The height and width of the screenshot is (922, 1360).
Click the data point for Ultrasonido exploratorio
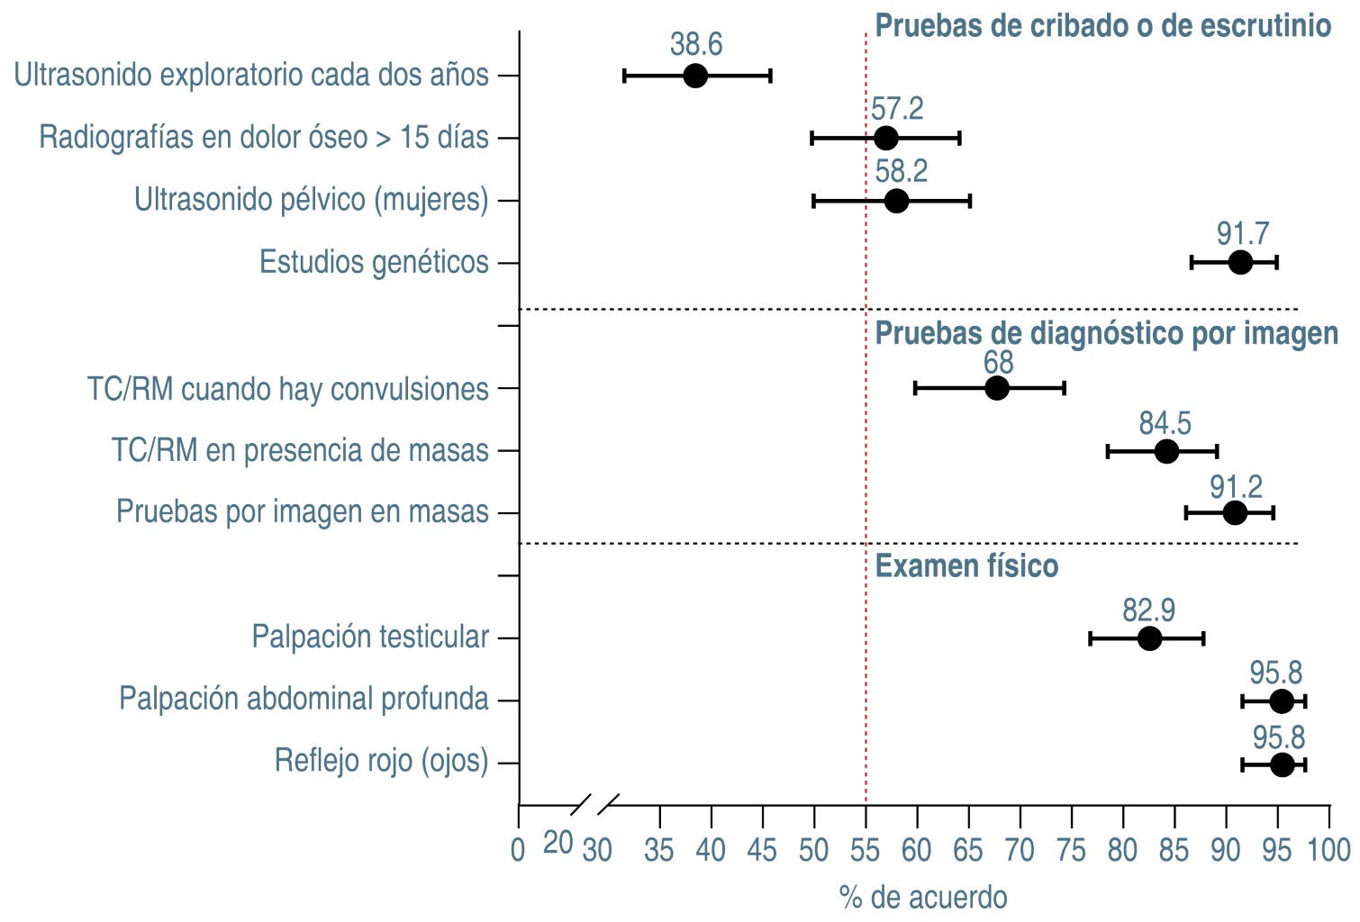click(694, 76)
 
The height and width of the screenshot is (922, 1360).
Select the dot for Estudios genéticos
click(1240, 263)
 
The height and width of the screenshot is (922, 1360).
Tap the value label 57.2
click(897, 109)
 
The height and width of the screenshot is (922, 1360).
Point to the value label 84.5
click(1165, 422)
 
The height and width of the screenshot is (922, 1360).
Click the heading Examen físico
click(966, 566)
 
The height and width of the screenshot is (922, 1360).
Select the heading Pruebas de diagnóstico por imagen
click(1106, 333)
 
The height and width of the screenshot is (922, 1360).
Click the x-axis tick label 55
click(866, 850)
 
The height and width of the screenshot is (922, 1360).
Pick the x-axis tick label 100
click(1329, 850)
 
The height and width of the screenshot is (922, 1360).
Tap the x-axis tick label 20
click(558, 843)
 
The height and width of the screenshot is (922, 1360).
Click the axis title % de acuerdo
click(923, 898)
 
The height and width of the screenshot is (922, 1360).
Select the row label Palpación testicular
click(370, 637)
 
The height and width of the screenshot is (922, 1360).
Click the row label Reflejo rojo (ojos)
click(381, 761)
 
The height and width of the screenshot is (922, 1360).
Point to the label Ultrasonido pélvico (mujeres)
click(312, 199)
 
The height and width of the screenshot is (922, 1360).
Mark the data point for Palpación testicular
click(1149, 638)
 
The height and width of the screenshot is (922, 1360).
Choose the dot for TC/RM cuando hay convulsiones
click(997, 388)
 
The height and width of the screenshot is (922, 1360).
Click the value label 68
click(998, 362)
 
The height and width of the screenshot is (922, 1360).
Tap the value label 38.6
click(696, 44)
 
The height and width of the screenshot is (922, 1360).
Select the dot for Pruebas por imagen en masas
click(1235, 513)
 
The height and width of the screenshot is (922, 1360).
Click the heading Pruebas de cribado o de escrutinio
click(1103, 26)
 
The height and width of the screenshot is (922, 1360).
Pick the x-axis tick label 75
click(1072, 850)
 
